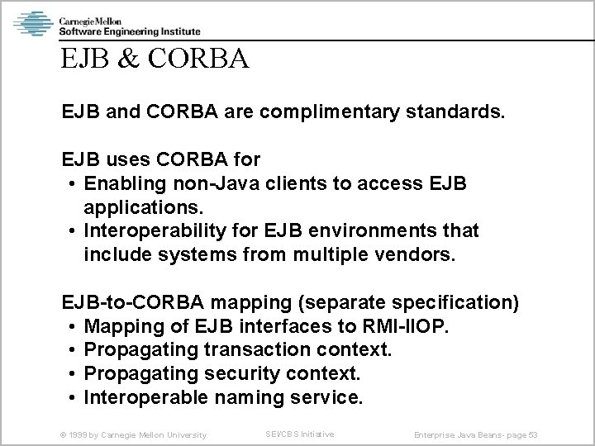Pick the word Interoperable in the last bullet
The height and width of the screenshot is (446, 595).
click(x=145, y=397)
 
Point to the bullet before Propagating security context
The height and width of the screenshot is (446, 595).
click(x=74, y=373)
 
